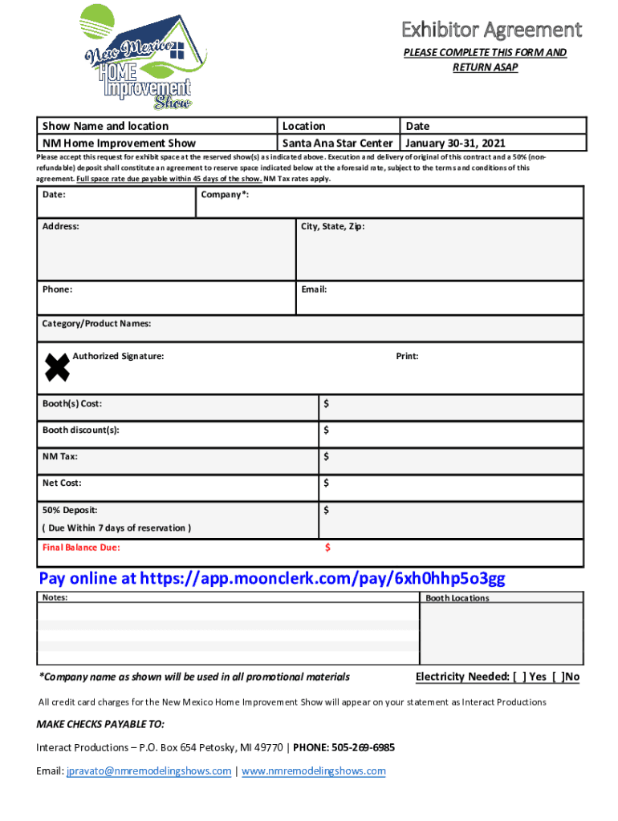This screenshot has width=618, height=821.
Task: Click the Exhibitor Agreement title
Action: pyautogui.click(x=491, y=30)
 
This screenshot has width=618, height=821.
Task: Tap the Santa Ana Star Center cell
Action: pyautogui.click(x=337, y=144)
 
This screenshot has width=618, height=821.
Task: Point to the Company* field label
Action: pyautogui.click(x=225, y=195)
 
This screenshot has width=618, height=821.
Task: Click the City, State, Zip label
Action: pyautogui.click(x=333, y=227)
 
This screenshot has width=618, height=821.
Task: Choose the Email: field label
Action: pyautogui.click(x=314, y=289)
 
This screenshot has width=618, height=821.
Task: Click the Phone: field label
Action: pyautogui.click(x=57, y=289)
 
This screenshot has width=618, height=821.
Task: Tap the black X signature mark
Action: pyautogui.click(x=57, y=367)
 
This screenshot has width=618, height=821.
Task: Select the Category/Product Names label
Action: pyautogui.click(x=96, y=324)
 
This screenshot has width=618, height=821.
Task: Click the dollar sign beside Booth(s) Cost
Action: pyautogui.click(x=327, y=404)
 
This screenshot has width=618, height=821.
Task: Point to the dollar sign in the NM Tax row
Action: pyautogui.click(x=327, y=457)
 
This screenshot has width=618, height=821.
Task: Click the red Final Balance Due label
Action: pyautogui.click(x=81, y=548)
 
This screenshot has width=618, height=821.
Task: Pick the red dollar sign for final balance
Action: pyautogui.click(x=327, y=548)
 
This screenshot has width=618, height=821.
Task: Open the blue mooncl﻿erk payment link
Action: pyautogui.click(x=272, y=579)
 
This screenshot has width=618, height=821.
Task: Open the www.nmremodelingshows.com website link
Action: pyautogui.click(x=313, y=771)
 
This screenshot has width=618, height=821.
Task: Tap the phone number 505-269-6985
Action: pyautogui.click(x=358, y=747)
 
